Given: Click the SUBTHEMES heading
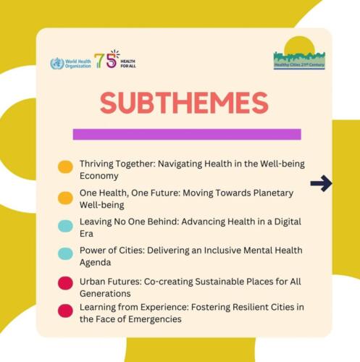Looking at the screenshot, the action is pos(184,103).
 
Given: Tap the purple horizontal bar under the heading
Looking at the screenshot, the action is pos(187,134).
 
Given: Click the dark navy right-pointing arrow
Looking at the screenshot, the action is pos(321,183).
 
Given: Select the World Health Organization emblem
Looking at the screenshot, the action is pos(57,64).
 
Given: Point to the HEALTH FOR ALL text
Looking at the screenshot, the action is pos(128,64).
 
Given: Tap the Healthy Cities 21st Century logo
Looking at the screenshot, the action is pos(299,53).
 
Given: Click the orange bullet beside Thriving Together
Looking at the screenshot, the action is pos(65,167).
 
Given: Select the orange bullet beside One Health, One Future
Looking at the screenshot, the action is pos(65,198).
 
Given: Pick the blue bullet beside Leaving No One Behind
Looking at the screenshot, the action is pos(65,226).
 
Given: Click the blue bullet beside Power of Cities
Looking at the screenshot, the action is pos(65,253).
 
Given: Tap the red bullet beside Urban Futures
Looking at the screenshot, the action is pos(65,283).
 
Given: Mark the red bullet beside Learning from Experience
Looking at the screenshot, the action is pos(65,311).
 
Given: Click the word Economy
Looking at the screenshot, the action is pos(99,176).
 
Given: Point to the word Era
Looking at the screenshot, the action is pos(86,234).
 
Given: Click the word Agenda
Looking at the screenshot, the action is pos(95,263).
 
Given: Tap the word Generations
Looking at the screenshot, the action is pos(105,294).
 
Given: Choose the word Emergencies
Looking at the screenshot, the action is pos(155,319).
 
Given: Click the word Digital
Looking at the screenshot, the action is pos(288,222).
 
